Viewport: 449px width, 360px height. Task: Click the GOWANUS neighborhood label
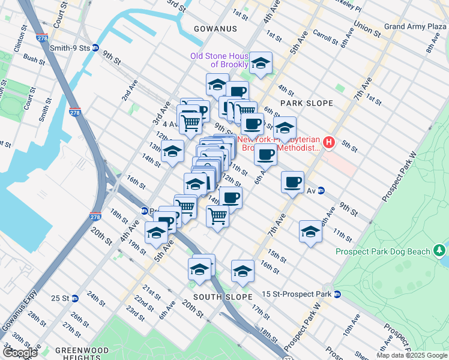pyautogui.click(x=215, y=29)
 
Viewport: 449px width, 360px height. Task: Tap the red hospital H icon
pyautogui.click(x=329, y=142)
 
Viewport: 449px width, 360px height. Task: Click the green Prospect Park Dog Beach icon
pyautogui.click(x=441, y=249)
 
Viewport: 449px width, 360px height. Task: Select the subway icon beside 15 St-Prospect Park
pyautogui.click(x=337, y=294)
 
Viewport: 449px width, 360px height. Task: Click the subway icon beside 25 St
pyautogui.click(x=74, y=298)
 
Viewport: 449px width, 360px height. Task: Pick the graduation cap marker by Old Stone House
pyautogui.click(x=261, y=63)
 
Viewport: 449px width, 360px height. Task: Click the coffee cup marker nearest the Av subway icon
pyautogui.click(x=292, y=182)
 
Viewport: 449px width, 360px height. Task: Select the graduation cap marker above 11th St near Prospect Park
pyautogui.click(x=310, y=231)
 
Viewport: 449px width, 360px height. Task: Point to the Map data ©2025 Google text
pyautogui.click(x=411, y=355)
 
